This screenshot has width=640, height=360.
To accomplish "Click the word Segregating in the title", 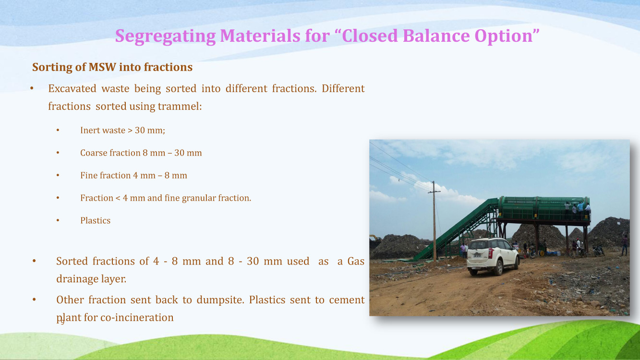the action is click(166, 36).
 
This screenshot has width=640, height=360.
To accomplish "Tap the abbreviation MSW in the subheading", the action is click(102, 67).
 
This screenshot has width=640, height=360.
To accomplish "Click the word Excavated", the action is click(72, 89).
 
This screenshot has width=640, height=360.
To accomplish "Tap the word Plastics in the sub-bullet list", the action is click(95, 221).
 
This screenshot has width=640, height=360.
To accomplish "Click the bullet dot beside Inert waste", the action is click(58, 130).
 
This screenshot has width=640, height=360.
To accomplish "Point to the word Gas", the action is click(356, 261).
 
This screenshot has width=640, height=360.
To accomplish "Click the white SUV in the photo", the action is click(493, 256).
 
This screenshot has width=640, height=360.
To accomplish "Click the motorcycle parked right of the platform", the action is click(598, 251).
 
